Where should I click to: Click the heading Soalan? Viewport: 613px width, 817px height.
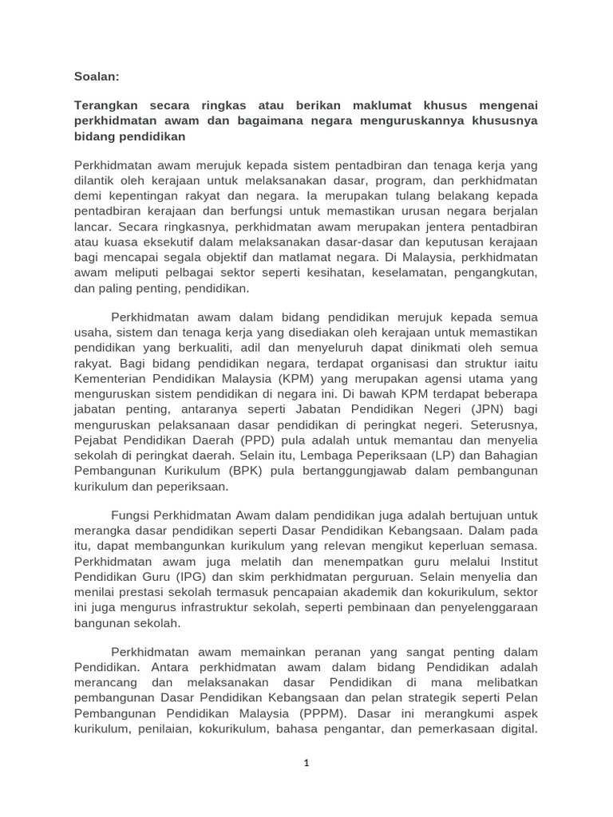(97, 77)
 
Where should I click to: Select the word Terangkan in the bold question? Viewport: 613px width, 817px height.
(107, 106)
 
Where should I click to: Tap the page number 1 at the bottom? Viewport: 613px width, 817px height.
(306, 763)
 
